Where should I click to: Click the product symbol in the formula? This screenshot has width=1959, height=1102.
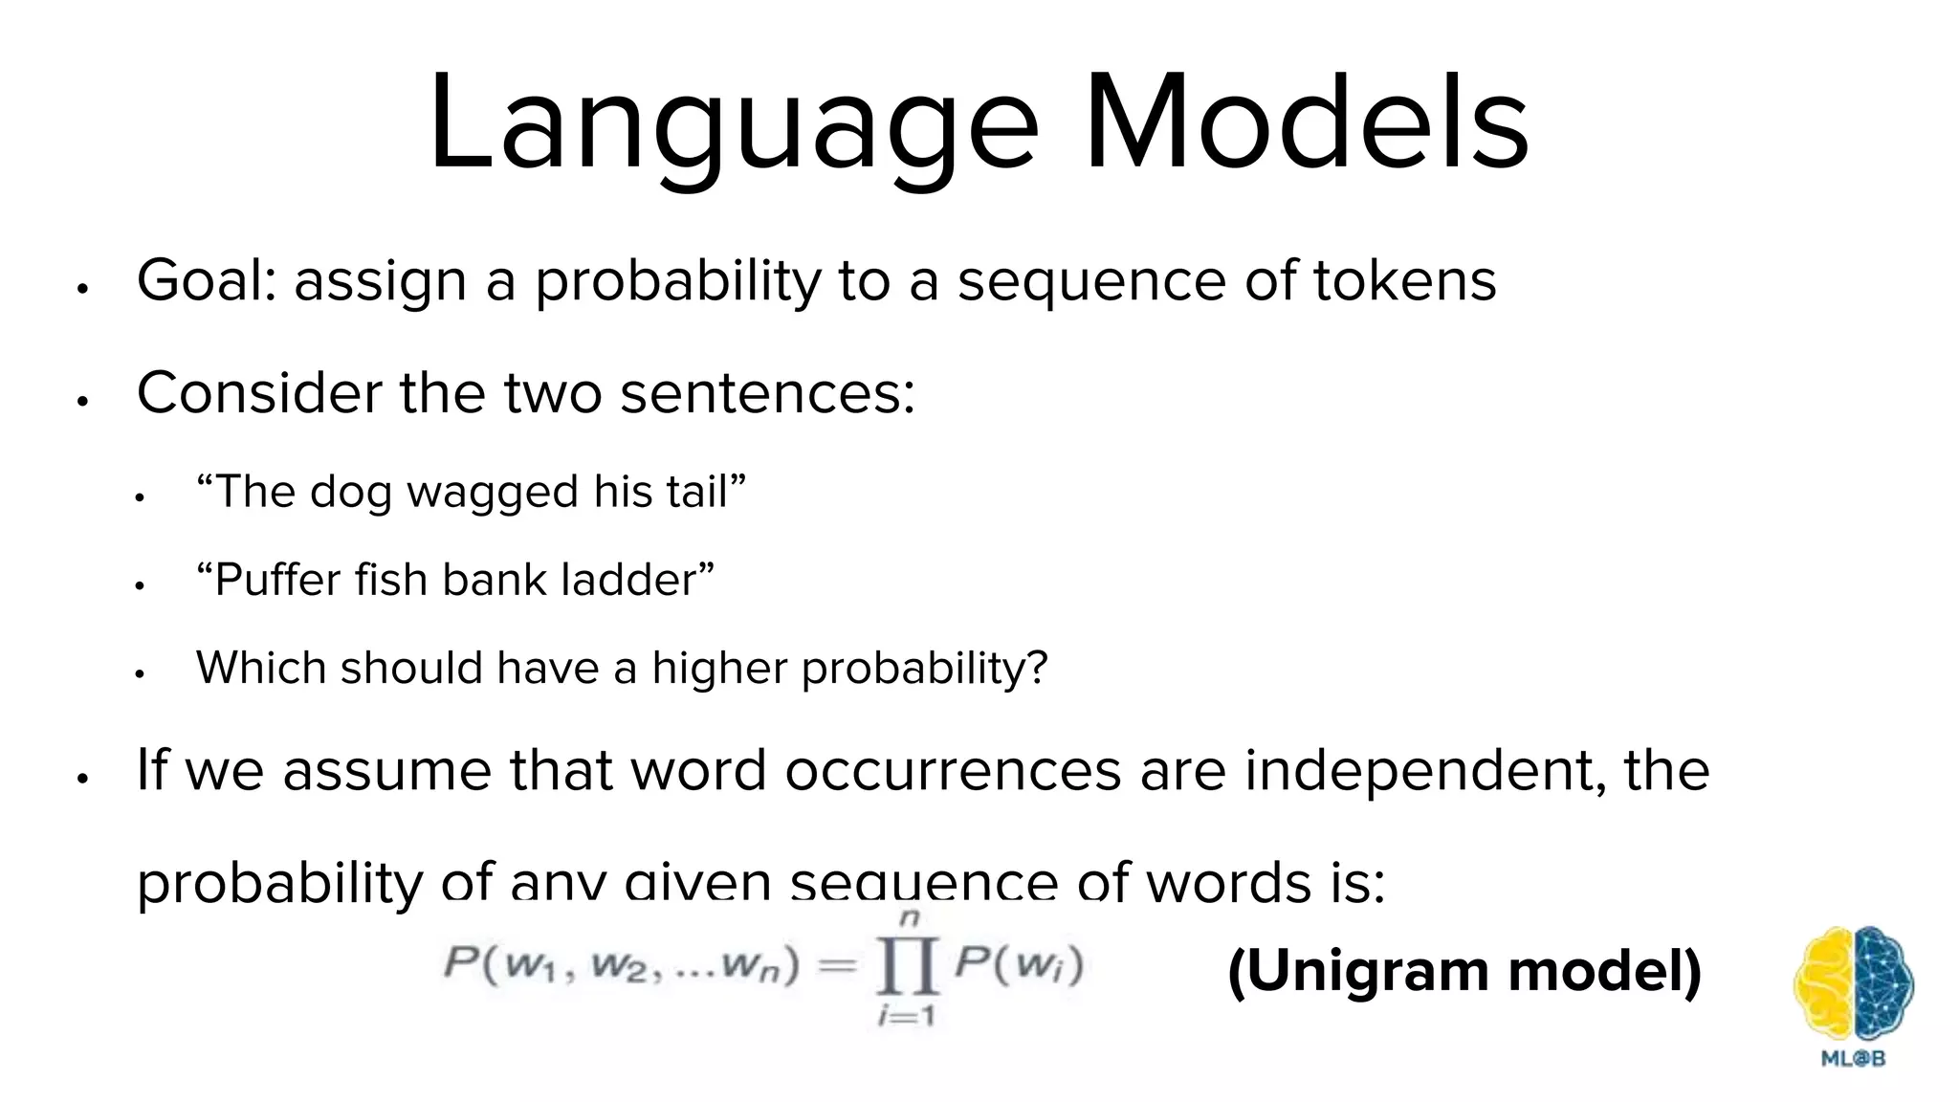point(907,969)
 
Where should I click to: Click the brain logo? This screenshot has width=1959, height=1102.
point(1853,984)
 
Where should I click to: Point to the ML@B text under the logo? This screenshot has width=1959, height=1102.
point(1853,1059)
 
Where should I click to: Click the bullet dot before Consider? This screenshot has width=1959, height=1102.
point(83,401)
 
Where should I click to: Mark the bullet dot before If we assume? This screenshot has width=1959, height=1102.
point(83,778)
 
